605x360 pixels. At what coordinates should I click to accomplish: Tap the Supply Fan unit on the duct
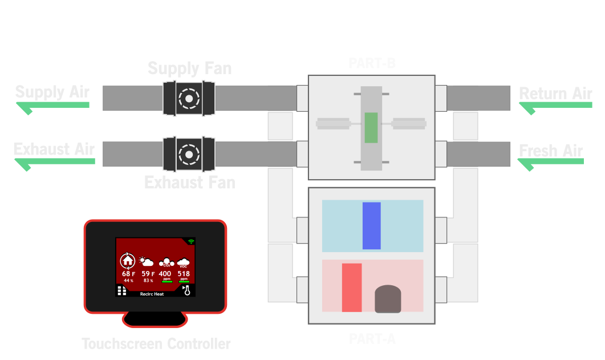[x=187, y=98]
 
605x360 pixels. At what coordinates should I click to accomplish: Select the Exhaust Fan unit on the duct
[x=187, y=153]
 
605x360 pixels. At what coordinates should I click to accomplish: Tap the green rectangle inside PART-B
[x=371, y=127]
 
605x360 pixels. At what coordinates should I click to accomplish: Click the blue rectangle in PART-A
[x=371, y=225]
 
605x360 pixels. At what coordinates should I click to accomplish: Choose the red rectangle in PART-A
[x=352, y=288]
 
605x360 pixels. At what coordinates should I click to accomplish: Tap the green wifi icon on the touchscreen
[x=191, y=242]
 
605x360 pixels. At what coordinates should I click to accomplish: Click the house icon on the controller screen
[x=128, y=261]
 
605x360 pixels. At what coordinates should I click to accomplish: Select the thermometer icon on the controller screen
[x=186, y=291]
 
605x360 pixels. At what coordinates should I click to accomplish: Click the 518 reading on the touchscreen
[x=184, y=274]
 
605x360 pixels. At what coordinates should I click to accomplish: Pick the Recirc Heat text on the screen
[x=152, y=294]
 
